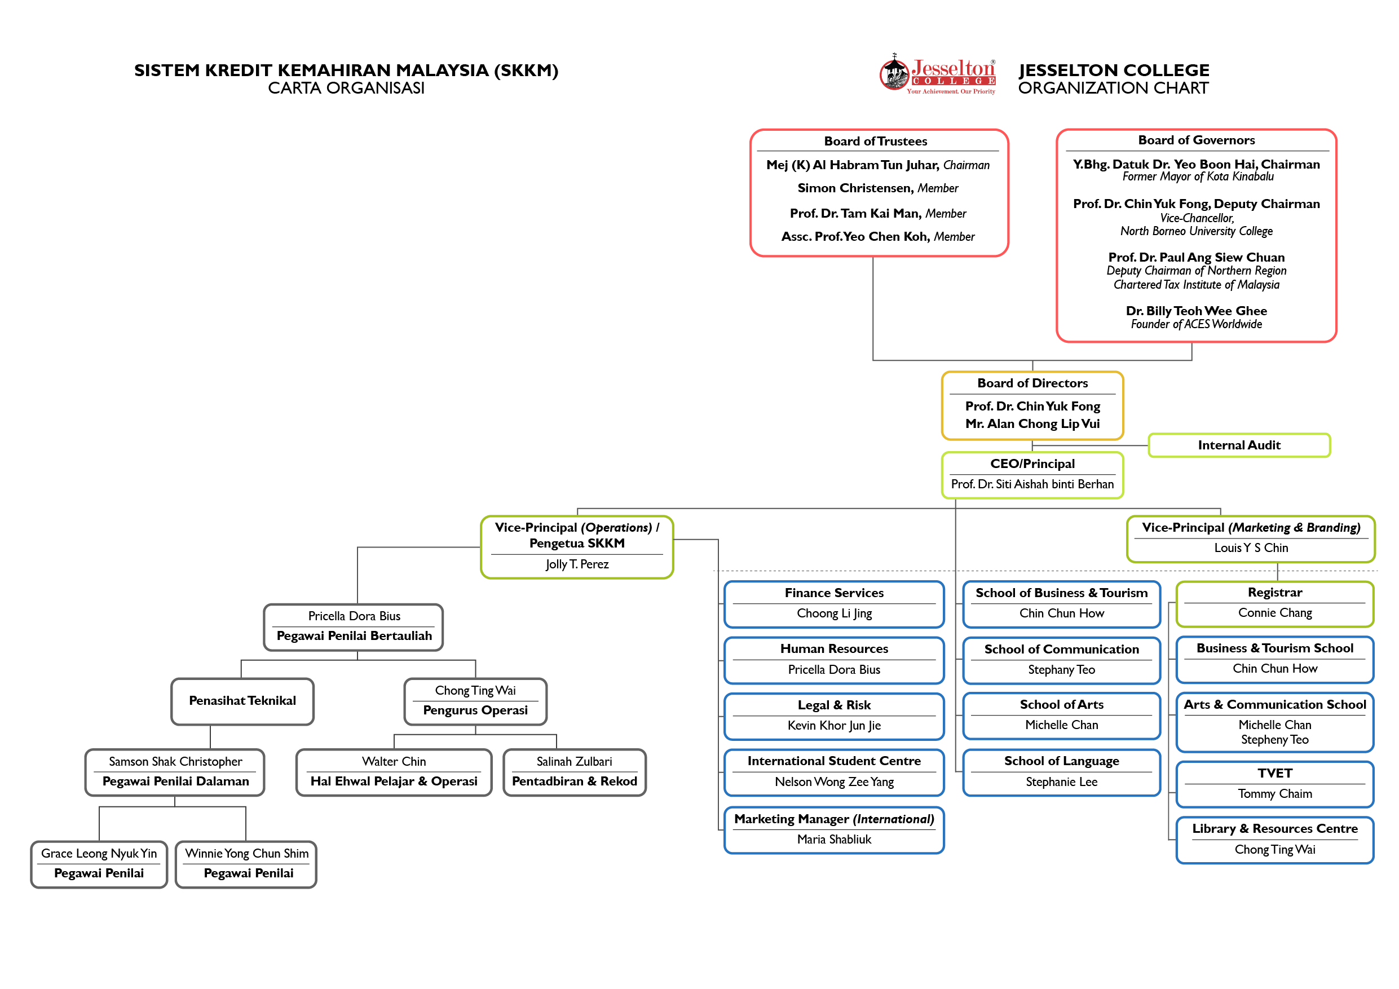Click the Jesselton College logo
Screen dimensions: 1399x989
(x=937, y=74)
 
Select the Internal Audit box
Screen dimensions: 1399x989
(x=1239, y=445)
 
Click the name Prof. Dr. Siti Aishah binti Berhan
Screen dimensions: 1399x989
(x=1032, y=484)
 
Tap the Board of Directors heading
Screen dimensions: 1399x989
(x=1032, y=383)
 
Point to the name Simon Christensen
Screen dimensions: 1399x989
(x=855, y=188)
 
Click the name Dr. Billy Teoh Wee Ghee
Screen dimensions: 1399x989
(x=1196, y=311)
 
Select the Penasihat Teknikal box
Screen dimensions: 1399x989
(x=242, y=701)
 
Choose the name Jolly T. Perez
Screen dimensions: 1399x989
(x=577, y=564)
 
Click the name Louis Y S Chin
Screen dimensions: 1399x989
(x=1251, y=548)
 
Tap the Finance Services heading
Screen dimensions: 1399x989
(x=833, y=593)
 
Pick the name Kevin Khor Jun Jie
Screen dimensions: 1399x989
(x=833, y=726)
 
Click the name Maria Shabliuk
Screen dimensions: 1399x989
(x=833, y=840)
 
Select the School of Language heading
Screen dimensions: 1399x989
(x=1061, y=761)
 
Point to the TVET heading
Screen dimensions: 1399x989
(x=1275, y=773)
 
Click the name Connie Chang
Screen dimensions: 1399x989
(x=1275, y=613)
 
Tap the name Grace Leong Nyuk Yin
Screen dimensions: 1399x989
(x=99, y=854)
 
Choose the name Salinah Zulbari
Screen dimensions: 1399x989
(x=574, y=762)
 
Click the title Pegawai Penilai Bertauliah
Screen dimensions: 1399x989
(x=354, y=636)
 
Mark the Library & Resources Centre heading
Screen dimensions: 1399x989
(x=1275, y=829)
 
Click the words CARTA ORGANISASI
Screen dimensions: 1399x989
(x=346, y=89)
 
